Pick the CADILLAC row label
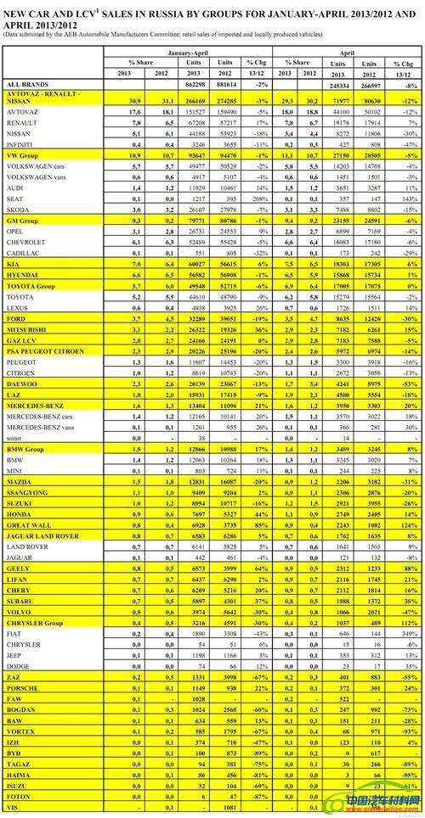pyautogui.click(x=20, y=253)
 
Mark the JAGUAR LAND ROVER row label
pyautogui.click(x=42, y=537)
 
